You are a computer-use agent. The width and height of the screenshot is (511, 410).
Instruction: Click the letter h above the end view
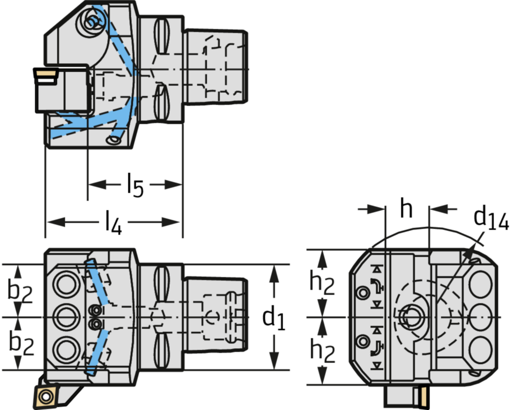coord(407,210)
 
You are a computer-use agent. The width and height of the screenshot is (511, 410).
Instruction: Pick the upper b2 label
coord(20,292)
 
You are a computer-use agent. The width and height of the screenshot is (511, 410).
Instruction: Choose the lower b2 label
coord(20,344)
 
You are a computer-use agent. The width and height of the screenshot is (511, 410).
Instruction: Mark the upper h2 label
coord(322,282)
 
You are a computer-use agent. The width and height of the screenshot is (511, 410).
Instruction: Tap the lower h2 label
coord(322,350)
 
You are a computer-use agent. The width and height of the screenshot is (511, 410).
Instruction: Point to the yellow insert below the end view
coord(423,396)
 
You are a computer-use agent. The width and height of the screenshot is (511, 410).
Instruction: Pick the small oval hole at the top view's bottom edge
coord(114,141)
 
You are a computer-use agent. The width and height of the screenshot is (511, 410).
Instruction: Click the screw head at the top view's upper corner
coord(92,21)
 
